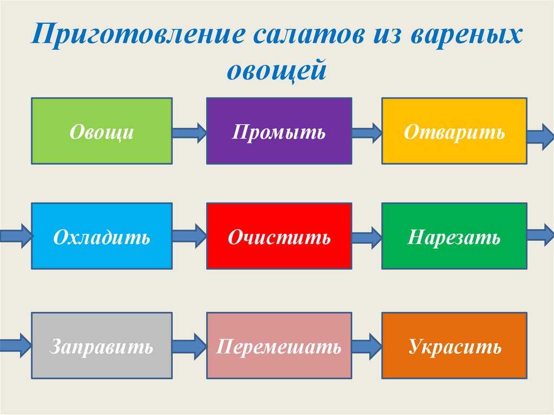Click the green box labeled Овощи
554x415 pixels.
[102, 131]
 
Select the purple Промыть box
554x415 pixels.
[279, 131]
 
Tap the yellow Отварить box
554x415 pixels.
[454, 131]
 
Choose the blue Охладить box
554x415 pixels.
[102, 236]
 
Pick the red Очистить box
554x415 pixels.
[279, 236]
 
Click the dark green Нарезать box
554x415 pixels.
[454, 236]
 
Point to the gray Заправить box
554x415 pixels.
[102, 345]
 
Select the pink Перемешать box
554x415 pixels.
[279, 345]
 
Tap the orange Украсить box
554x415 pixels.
[454, 345]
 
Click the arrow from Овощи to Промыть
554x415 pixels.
[189, 131]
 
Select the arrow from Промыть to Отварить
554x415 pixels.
[367, 131]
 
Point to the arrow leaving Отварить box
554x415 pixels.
[540, 135]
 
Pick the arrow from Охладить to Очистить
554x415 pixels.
[189, 236]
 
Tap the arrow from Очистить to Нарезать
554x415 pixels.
[367, 236]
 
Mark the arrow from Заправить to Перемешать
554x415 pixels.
[189, 344]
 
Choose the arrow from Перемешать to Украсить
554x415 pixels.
[367, 344]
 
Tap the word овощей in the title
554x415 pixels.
[276, 69]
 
